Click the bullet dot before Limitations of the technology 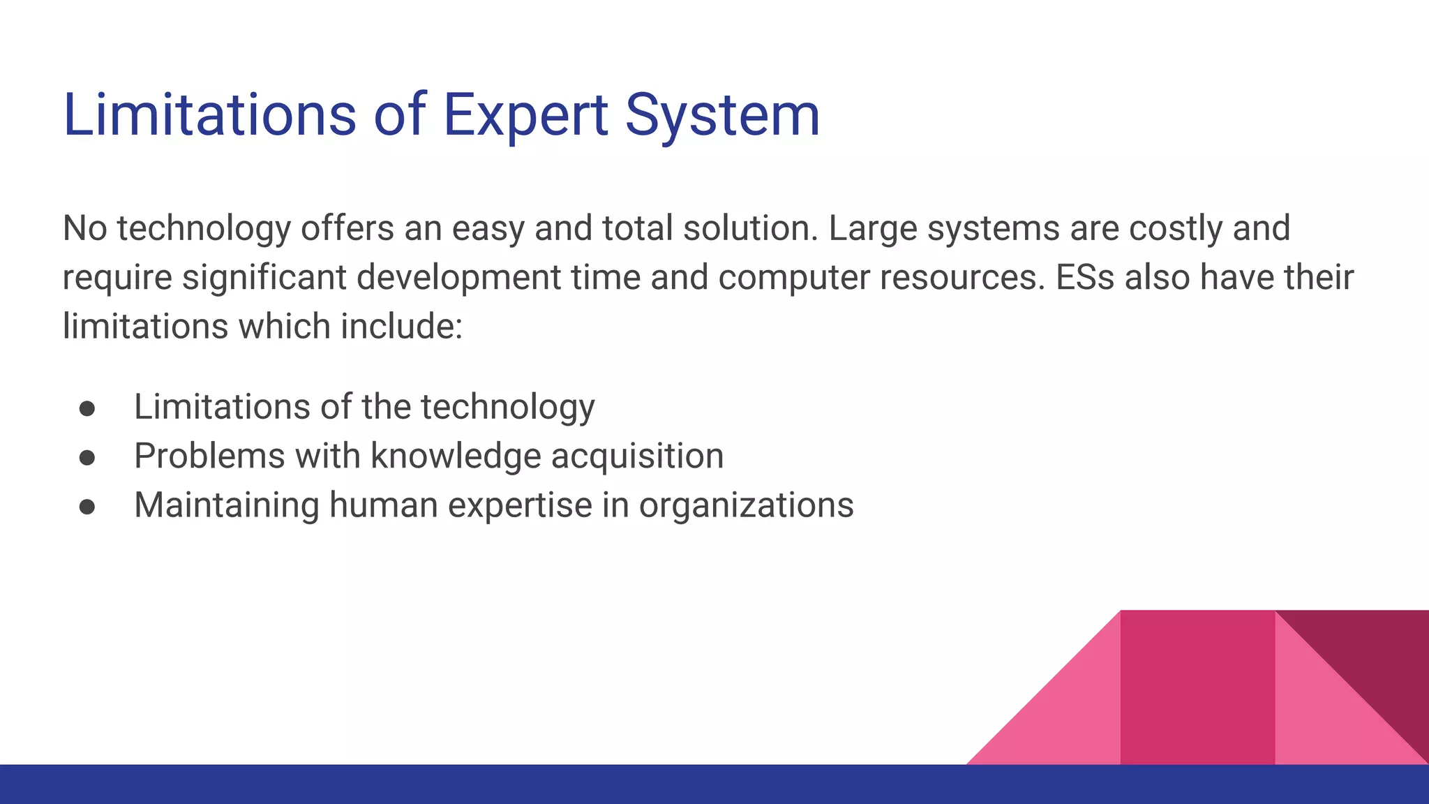click(87, 408)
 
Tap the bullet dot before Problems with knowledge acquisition click(87, 457)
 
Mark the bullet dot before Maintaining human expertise click(87, 507)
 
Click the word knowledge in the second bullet click(456, 456)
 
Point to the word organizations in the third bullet click(746, 506)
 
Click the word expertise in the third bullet click(520, 506)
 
